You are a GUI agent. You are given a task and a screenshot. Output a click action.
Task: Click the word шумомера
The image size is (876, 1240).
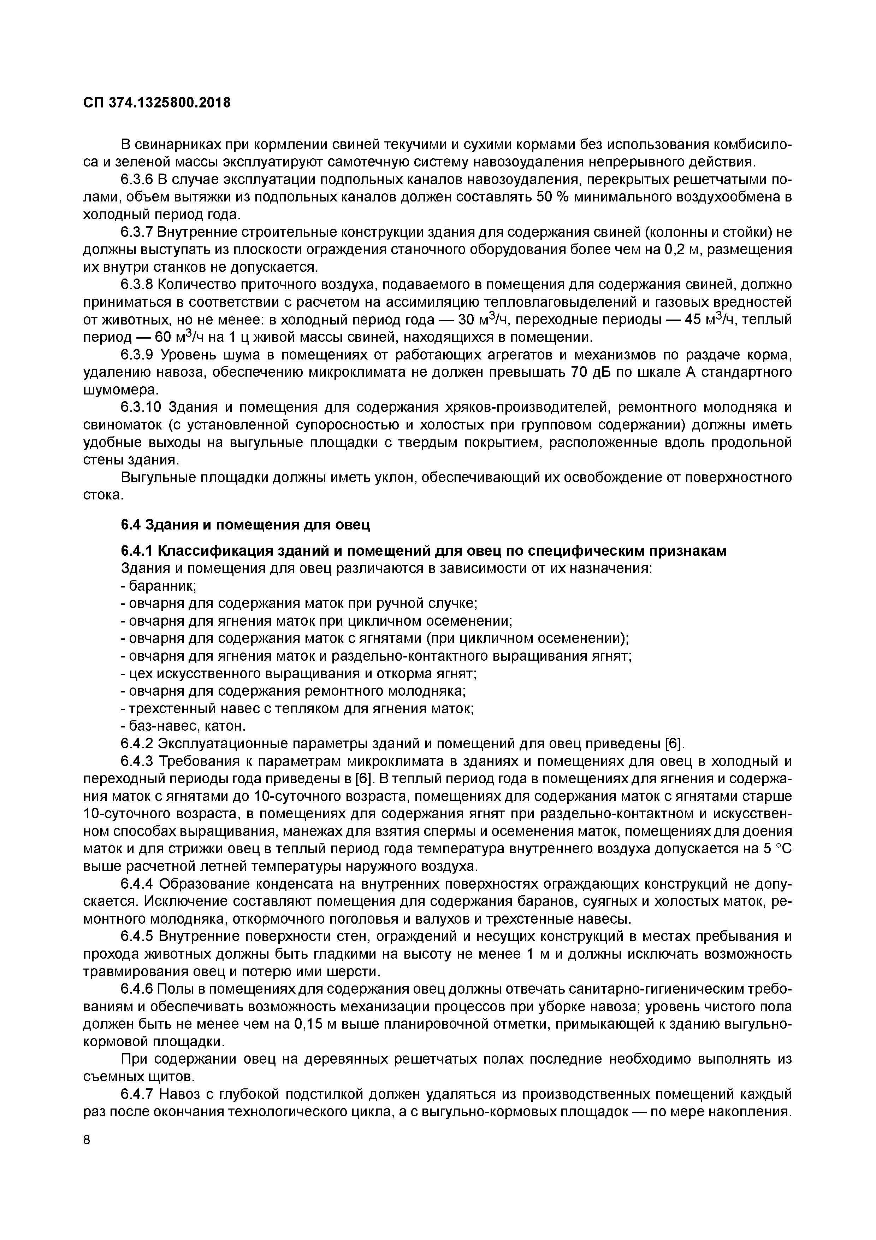pyautogui.click(x=120, y=390)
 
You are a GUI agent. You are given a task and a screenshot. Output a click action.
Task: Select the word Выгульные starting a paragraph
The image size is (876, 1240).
pyautogui.click(x=157, y=478)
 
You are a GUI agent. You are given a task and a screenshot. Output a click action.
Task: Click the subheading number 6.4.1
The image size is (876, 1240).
pyautogui.click(x=137, y=551)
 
